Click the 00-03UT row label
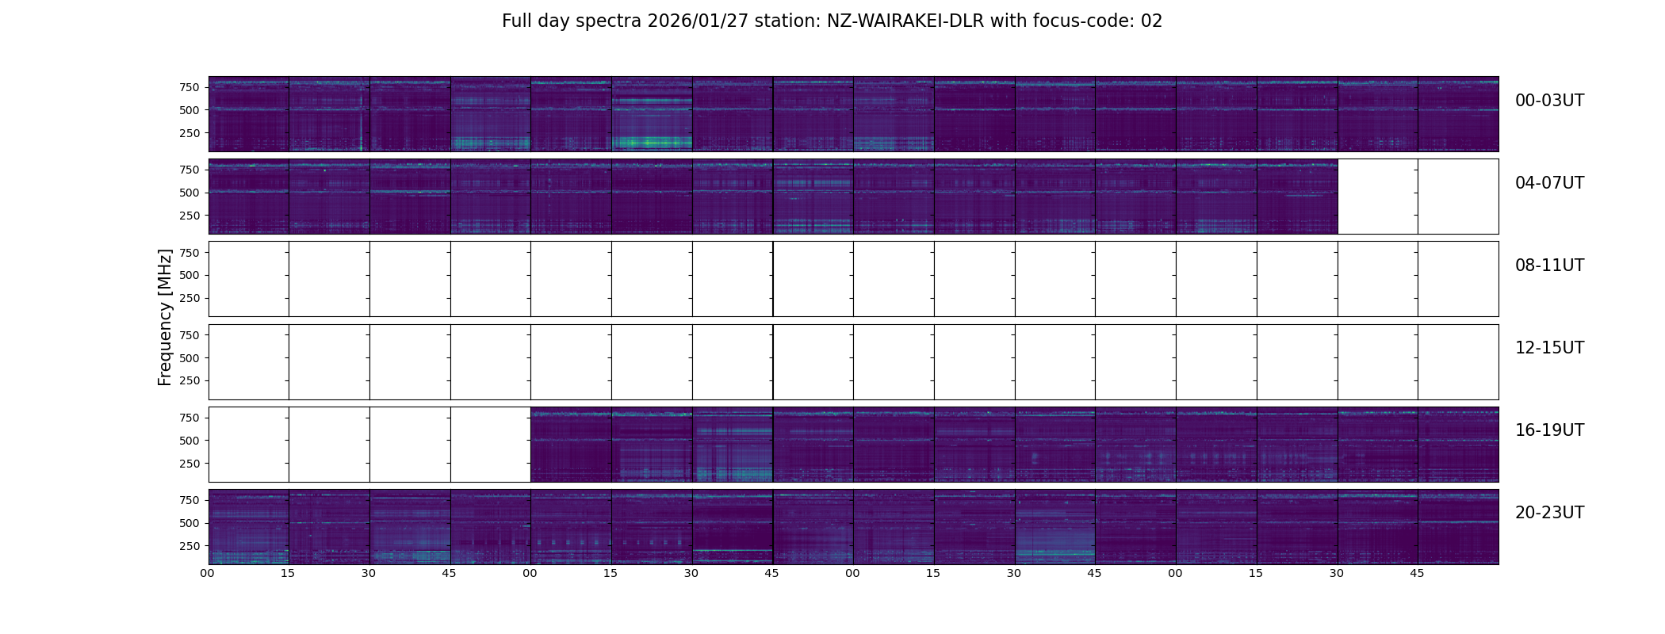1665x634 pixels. point(1549,101)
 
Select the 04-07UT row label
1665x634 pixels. point(1549,183)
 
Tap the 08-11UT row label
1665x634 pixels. point(1549,265)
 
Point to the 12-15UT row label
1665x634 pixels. point(1549,348)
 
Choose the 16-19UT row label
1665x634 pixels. point(1549,430)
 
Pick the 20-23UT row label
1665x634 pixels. point(1549,513)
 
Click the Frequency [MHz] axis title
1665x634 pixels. point(165,317)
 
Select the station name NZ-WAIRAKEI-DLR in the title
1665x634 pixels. point(905,21)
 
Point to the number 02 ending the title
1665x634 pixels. point(1151,21)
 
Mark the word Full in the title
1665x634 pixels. point(517,21)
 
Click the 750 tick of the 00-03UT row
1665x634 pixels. point(189,87)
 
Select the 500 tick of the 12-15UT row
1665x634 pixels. point(189,358)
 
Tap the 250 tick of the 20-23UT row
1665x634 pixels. point(189,546)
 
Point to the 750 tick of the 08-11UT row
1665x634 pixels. point(189,253)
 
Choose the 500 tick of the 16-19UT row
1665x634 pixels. point(189,441)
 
